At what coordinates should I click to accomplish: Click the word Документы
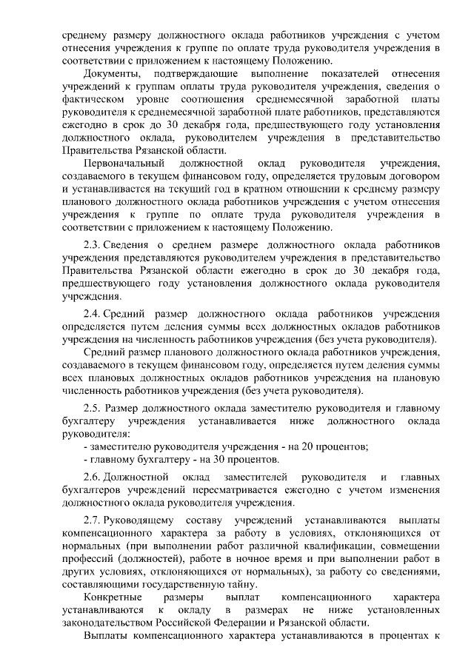coord(110,76)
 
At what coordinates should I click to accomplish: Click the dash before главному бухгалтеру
coord(86,459)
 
